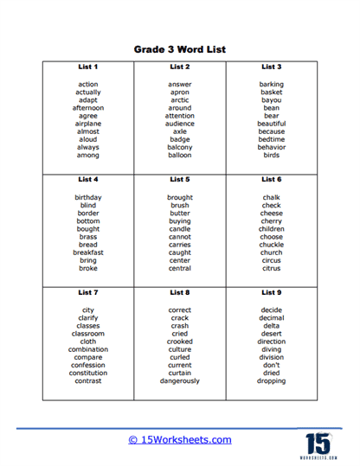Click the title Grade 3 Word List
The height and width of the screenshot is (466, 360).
click(180, 50)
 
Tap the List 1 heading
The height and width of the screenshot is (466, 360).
click(87, 67)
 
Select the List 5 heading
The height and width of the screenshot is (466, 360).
click(180, 179)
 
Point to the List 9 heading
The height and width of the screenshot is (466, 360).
click(271, 292)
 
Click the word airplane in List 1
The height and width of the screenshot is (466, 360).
click(87, 124)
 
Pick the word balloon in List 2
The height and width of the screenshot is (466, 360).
click(180, 155)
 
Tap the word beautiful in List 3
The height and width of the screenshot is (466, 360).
click(271, 124)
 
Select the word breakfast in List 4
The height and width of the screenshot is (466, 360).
click(87, 252)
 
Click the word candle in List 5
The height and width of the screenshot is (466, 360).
click(180, 229)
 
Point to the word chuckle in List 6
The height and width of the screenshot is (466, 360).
click(271, 245)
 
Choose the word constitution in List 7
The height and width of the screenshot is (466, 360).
click(87, 373)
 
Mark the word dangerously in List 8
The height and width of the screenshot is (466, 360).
click(180, 380)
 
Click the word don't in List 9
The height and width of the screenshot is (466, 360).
click(271, 365)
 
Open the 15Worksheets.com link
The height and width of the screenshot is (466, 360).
click(180, 439)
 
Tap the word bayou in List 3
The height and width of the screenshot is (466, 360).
click(271, 100)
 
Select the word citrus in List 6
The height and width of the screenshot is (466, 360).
click(271, 268)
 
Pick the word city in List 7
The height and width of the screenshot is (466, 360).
click(87, 310)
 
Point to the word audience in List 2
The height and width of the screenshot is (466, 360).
click(180, 124)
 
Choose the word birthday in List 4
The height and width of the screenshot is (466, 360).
click(87, 197)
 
